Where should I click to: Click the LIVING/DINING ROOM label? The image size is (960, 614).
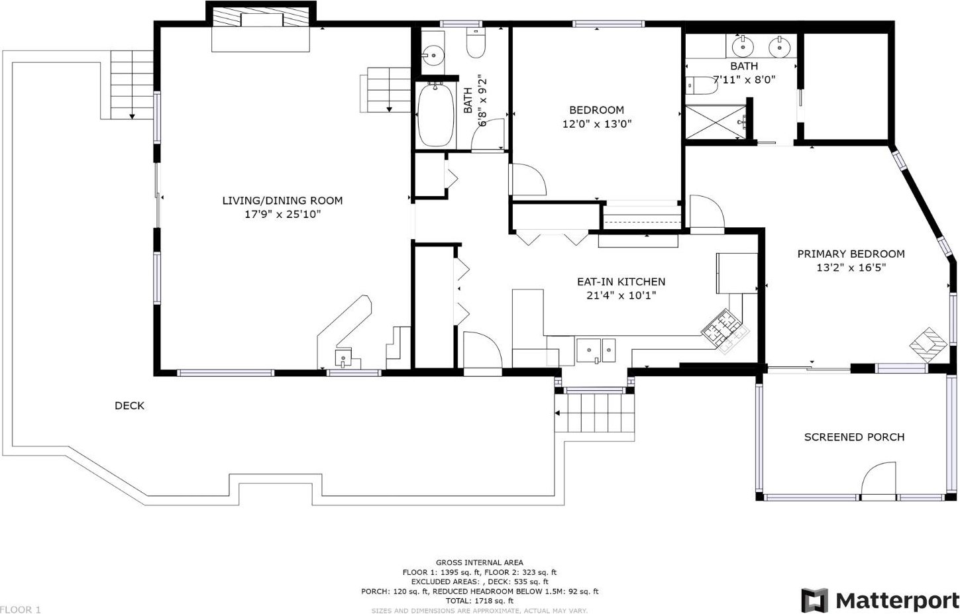click(282, 201)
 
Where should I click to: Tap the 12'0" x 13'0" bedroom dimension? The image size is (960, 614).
click(597, 125)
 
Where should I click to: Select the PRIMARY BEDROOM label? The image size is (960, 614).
click(851, 254)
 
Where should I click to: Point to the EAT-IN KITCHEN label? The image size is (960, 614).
click(621, 281)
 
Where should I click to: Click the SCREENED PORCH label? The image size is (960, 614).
click(855, 437)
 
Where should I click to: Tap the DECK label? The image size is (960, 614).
click(129, 405)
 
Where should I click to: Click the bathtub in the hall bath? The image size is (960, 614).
click(436, 115)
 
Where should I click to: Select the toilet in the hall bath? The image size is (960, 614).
click(476, 43)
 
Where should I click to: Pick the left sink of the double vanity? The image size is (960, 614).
click(742, 47)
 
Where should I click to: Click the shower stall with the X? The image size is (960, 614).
click(716, 122)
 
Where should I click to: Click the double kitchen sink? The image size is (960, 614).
click(596, 350)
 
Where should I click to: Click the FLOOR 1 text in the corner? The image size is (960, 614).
click(21, 609)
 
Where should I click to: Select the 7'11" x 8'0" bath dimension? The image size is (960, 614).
click(745, 79)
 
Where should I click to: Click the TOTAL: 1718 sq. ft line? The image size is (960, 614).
click(480, 601)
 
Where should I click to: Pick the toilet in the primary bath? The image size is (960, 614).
click(702, 85)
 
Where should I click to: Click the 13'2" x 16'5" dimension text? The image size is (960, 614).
click(851, 268)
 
